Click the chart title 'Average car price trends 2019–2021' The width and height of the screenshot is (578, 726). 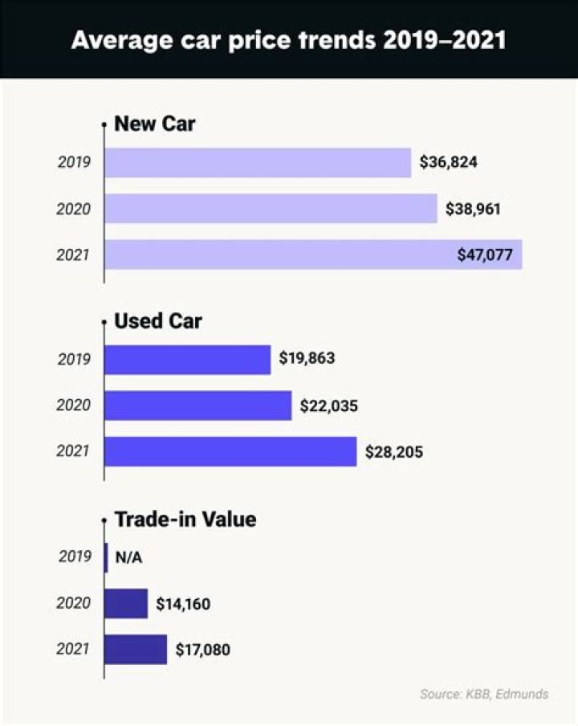288,39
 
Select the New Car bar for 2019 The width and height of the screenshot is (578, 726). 258,163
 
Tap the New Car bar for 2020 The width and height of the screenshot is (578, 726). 271,209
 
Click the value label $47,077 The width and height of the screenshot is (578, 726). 486,255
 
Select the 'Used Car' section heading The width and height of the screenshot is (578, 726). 158,321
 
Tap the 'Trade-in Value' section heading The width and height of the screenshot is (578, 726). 185,519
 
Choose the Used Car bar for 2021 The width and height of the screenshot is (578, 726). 230,451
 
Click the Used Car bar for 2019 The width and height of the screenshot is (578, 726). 188,360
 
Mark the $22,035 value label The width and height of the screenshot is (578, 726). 329,406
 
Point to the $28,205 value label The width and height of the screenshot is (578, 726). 393,452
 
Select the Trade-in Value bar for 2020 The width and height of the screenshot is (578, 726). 126,603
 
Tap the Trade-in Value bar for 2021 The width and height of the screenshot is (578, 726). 136,649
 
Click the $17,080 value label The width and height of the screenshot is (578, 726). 203,649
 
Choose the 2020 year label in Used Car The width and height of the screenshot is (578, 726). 74,406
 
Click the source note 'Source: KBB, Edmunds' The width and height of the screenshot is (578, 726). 484,694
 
